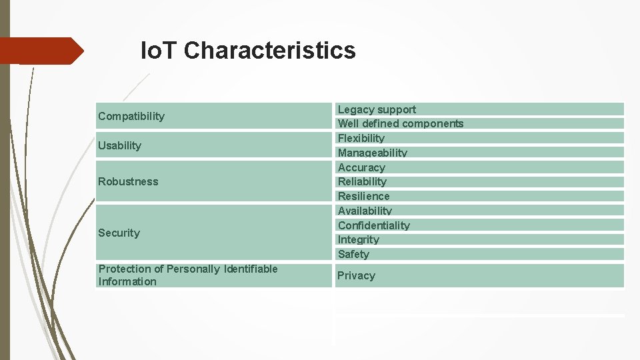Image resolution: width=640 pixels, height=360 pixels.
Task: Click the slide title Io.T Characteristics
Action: [248, 51]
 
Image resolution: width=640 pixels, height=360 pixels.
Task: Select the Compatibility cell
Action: [131, 116]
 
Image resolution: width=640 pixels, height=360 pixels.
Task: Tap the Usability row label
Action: [120, 145]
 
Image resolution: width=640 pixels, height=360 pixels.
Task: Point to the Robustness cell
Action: [128, 181]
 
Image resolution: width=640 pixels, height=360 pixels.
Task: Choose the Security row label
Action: [119, 233]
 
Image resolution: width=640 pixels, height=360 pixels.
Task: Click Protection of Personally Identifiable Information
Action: [188, 275]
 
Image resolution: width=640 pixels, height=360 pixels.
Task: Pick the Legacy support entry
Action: [377, 109]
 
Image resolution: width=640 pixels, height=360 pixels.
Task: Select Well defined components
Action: [400, 123]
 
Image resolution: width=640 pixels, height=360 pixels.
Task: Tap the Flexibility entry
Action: [361, 138]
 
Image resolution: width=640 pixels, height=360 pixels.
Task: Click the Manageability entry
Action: [372, 153]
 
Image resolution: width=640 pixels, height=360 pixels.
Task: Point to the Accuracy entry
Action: [361, 167]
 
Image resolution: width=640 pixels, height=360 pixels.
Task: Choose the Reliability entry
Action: [362, 181]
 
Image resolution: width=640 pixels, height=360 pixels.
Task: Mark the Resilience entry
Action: [363, 196]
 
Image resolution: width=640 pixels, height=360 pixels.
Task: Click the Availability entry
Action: [365, 211]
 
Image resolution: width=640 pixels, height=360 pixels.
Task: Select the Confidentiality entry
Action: [373, 225]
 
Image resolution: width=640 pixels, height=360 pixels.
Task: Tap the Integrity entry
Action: [358, 239]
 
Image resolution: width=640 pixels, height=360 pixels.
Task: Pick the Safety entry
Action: [353, 254]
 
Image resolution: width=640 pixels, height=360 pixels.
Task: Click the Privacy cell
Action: [356, 275]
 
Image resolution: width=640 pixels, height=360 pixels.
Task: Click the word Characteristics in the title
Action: [269, 51]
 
